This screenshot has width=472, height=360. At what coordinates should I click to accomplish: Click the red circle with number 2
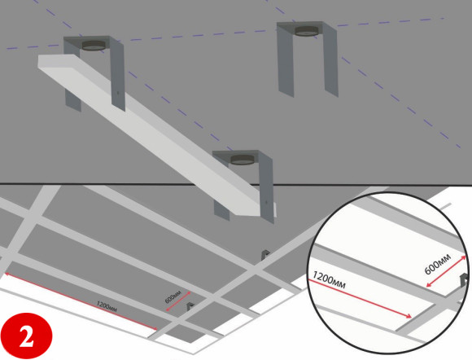click(27, 336)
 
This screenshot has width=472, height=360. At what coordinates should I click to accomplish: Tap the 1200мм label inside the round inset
click(329, 280)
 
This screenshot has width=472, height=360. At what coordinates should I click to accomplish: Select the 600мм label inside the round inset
click(438, 264)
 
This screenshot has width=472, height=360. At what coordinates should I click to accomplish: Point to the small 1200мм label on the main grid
click(107, 307)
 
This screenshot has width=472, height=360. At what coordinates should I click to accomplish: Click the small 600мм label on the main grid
click(173, 296)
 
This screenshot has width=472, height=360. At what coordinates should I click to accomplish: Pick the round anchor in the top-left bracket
click(94, 45)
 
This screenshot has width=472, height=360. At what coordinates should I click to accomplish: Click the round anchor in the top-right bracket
click(307, 31)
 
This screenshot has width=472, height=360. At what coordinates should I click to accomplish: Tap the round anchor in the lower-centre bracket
click(243, 160)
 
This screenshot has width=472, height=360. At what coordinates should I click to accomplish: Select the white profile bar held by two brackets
click(156, 134)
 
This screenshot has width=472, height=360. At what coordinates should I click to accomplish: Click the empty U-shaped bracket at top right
click(307, 59)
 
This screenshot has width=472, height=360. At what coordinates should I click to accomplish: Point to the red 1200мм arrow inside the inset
click(360, 299)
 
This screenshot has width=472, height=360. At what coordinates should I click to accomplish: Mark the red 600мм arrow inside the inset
click(446, 272)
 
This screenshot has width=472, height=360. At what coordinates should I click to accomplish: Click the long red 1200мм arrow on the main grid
click(81, 301)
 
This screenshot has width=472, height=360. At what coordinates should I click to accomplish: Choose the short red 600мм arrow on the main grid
click(178, 301)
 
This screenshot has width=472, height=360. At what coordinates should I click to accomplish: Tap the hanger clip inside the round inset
click(464, 281)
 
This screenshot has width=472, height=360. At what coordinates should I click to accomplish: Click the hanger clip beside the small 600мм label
click(190, 307)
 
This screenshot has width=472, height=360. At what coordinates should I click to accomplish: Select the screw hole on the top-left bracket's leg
click(118, 93)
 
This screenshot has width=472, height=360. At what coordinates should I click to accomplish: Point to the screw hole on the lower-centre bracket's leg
click(266, 203)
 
